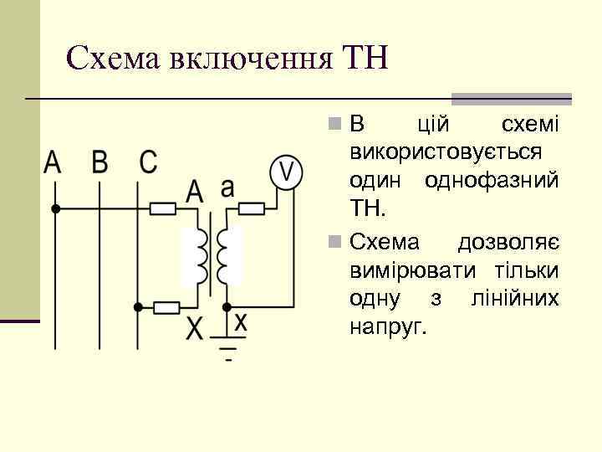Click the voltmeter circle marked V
click(284, 172)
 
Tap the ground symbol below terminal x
click(228, 347)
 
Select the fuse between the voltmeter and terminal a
click(251, 208)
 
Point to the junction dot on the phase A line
click(55, 208)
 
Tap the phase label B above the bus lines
click(100, 162)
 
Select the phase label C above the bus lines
click(148, 162)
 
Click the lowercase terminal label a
click(227, 187)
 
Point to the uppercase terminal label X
click(194, 328)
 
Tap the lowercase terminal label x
click(240, 321)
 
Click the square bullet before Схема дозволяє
click(334, 243)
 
